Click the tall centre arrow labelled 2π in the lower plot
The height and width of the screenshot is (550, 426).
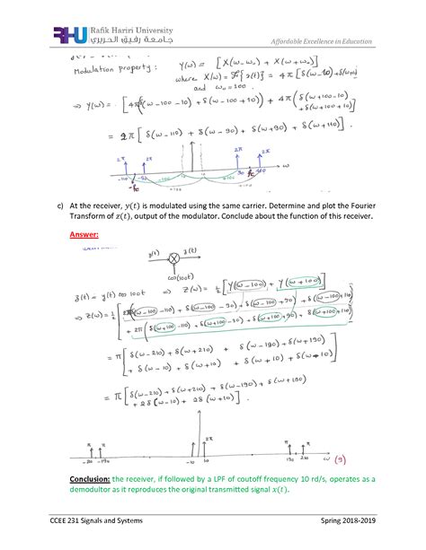click(x=198, y=438)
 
